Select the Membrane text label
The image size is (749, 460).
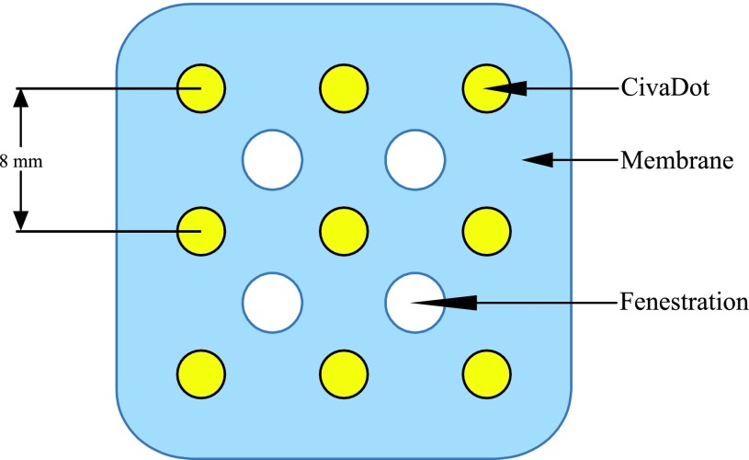pos(676,161)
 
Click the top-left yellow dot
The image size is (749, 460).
pos(201,88)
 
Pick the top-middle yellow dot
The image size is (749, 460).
pos(345,88)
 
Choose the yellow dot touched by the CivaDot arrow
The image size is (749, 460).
pos(486,88)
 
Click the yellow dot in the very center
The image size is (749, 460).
pos(345,230)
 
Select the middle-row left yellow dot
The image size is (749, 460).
pos(201,230)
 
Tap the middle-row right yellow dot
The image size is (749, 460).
pos(486,230)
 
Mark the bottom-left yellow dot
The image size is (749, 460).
pos(201,373)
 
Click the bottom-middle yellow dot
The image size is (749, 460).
pos(345,373)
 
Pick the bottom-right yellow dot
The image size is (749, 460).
pos(486,373)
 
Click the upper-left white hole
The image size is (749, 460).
pos(272,159)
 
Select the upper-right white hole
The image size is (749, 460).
pos(415,159)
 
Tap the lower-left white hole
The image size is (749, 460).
pos(272,302)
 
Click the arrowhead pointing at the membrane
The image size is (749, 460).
pos(538,161)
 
